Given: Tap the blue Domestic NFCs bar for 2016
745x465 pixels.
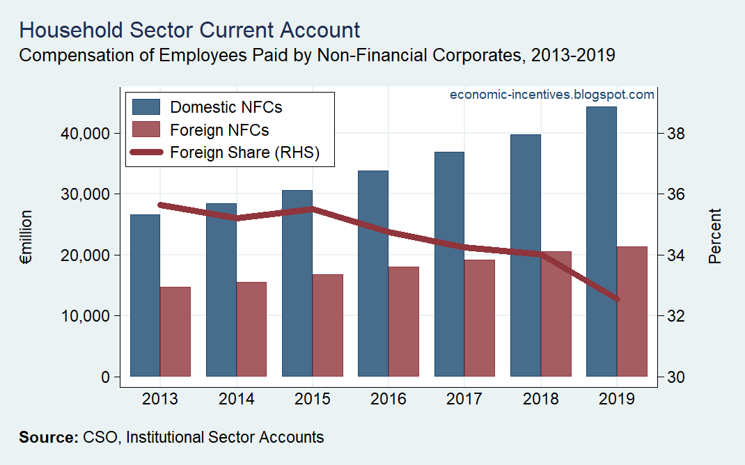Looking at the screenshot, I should tap(373, 306).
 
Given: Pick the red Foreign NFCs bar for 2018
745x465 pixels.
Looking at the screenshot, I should tap(556, 313).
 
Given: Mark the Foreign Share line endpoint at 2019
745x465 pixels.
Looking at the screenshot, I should tap(616, 299).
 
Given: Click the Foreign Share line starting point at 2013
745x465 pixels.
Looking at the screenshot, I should tap(161, 205).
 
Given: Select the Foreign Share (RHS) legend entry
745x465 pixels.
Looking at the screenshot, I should tap(244, 153).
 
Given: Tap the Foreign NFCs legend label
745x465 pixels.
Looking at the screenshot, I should tap(219, 130).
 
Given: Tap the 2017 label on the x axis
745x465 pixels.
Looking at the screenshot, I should tap(464, 400).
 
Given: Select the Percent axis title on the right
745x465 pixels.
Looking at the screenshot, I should tap(714, 236).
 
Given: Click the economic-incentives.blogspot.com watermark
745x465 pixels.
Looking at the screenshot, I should tap(552, 95).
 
